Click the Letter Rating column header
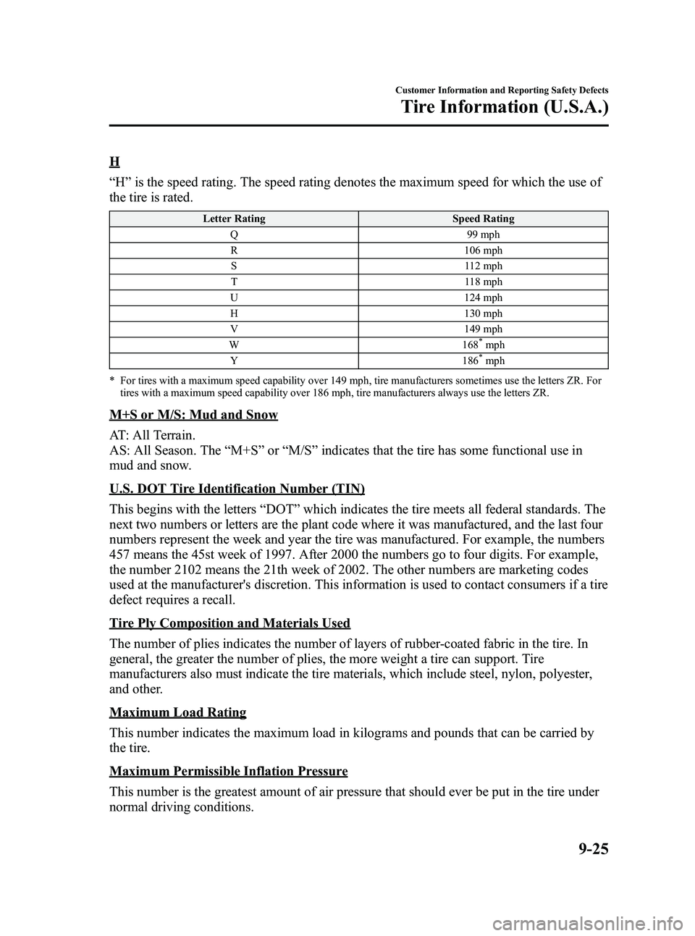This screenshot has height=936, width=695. [x=234, y=219]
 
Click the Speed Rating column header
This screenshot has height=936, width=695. [x=483, y=219]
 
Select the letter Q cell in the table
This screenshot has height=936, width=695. [x=234, y=235]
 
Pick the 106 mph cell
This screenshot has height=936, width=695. [x=483, y=250]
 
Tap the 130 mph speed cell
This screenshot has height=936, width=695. [x=483, y=313]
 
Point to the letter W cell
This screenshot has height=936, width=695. [x=234, y=345]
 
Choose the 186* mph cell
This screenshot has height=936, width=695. [x=483, y=361]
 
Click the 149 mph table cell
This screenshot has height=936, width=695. [x=483, y=329]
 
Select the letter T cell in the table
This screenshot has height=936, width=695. [x=234, y=282]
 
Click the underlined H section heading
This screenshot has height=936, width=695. [x=114, y=161]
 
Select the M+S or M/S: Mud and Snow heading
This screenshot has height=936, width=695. [x=194, y=416]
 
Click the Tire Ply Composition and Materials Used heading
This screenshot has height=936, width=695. [x=230, y=623]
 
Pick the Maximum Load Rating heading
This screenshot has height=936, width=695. [x=178, y=713]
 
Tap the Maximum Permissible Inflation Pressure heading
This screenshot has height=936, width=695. [x=229, y=771]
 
